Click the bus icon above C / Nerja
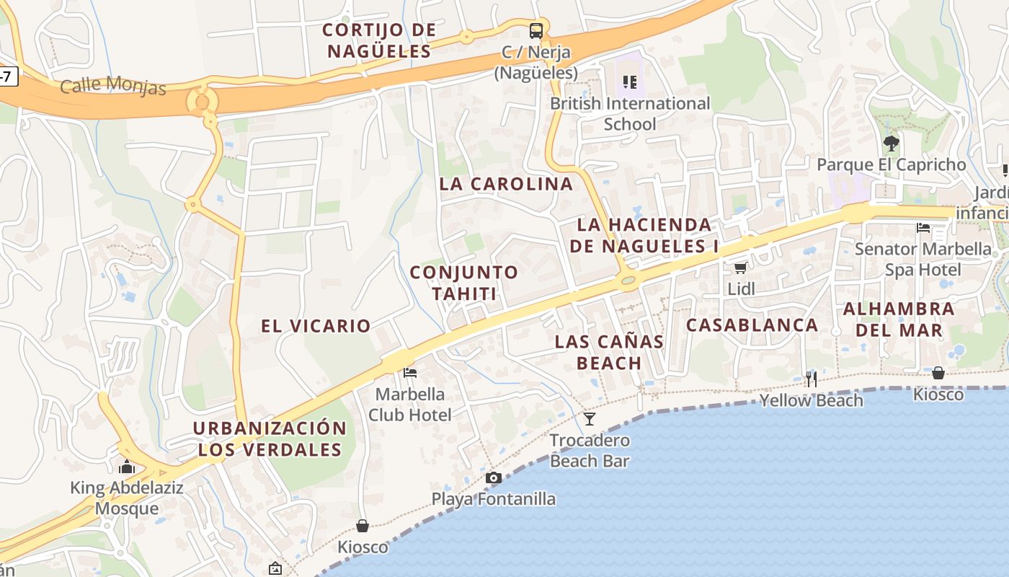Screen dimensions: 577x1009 click(536, 31)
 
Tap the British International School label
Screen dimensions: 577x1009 click(630, 113)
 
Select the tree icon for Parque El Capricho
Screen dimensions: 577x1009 click(892, 143)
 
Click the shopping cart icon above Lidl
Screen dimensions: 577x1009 click(740, 268)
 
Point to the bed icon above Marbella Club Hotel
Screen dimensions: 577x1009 click(410, 373)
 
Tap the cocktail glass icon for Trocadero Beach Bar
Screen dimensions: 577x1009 click(590, 419)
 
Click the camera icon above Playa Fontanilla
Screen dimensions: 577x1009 click(494, 477)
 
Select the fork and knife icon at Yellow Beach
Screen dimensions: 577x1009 click(812, 379)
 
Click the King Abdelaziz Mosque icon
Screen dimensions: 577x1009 click(127, 467)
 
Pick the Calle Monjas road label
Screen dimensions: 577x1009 click(113, 86)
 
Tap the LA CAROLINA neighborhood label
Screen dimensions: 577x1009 click(506, 184)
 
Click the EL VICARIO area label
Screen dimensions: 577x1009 click(316, 326)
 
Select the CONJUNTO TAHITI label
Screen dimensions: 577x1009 click(464, 283)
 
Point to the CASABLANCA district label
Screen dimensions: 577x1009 click(752, 325)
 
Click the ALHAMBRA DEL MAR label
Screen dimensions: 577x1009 click(899, 320)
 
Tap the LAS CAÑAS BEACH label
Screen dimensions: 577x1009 click(609, 352)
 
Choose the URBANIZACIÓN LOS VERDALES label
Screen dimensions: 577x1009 click(270, 439)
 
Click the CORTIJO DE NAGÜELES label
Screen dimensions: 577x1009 click(379, 40)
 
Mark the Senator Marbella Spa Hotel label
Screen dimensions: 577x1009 click(923, 260)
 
